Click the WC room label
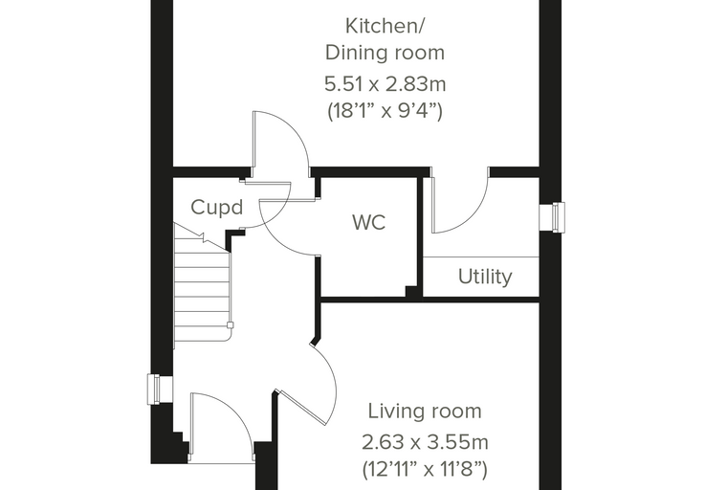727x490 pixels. [369, 222]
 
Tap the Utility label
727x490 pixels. [485, 277]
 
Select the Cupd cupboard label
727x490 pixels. [217, 207]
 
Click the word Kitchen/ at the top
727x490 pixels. [385, 27]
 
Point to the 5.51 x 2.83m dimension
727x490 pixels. [385, 84]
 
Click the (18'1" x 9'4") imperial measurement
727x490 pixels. [385, 111]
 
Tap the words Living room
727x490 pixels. [425, 412]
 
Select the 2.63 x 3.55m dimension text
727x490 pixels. [425, 442]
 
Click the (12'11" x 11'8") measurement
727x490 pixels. [425, 469]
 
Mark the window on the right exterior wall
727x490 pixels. [552, 216]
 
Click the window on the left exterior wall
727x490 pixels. [160, 389]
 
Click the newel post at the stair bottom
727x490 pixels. [230, 325]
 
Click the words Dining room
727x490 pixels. [385, 53]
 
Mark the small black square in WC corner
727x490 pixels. [411, 292]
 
